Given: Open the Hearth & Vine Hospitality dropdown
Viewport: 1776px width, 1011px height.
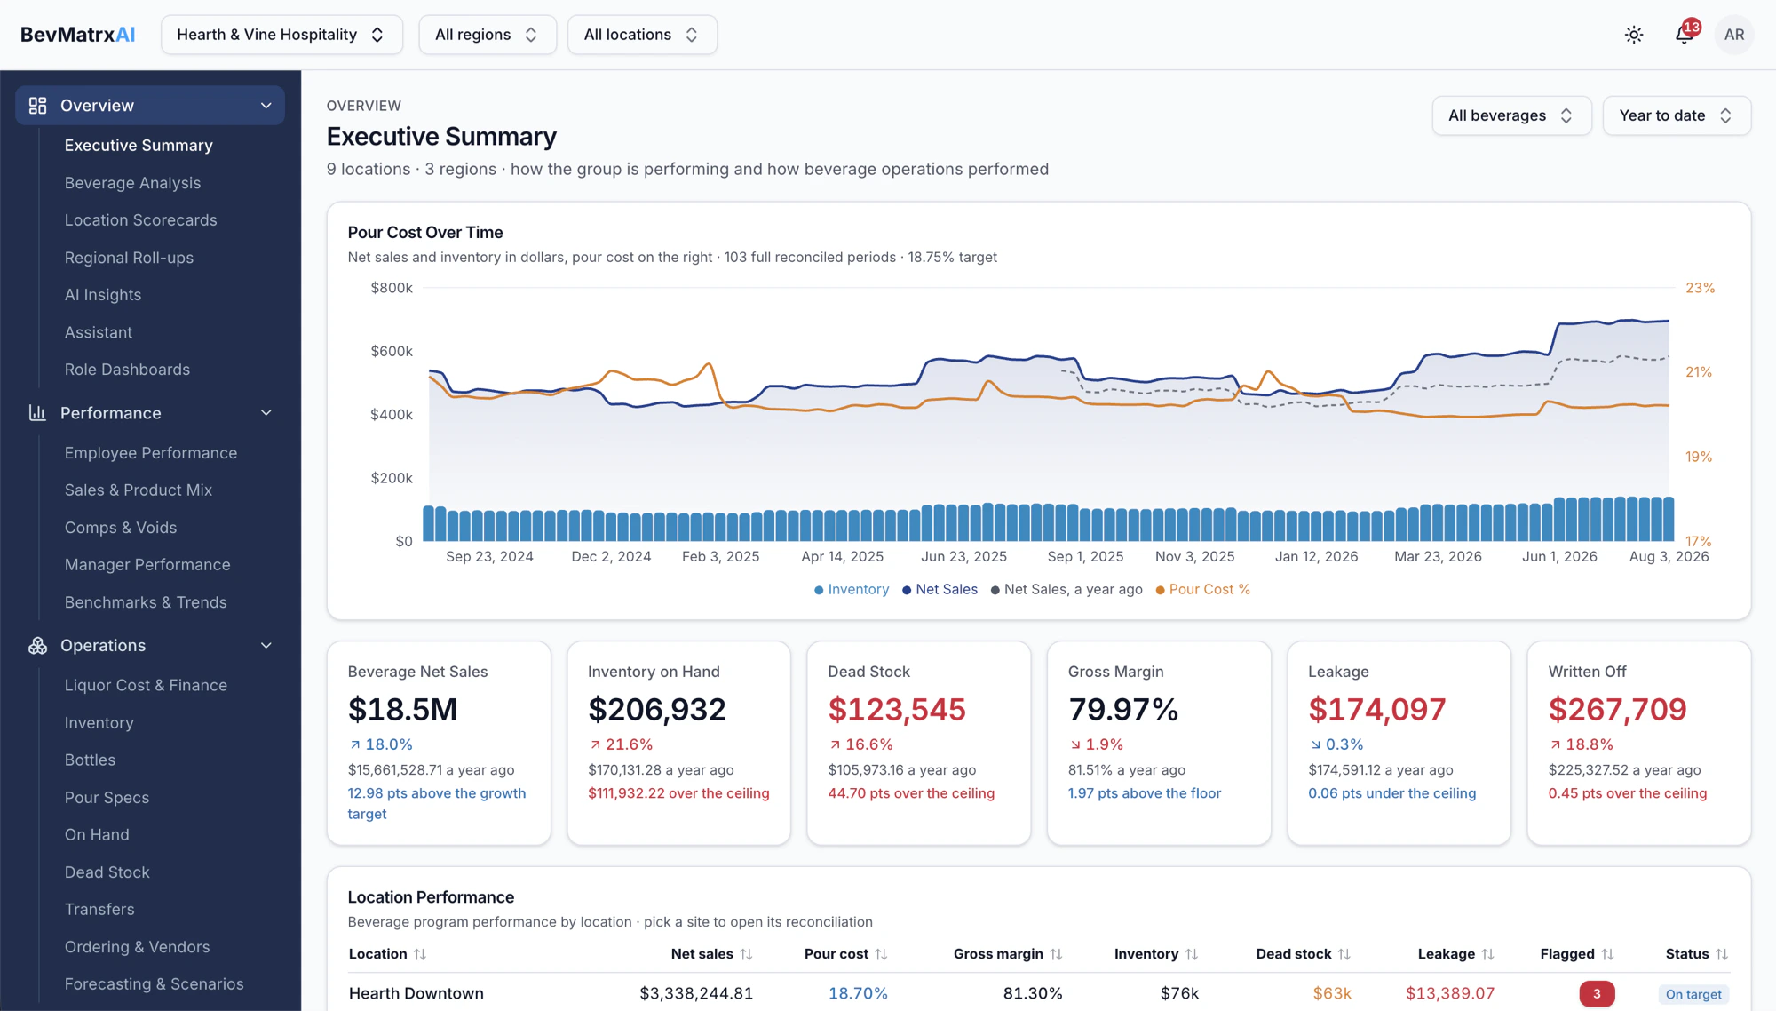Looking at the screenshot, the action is click(281, 35).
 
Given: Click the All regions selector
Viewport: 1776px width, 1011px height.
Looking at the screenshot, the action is click(488, 35).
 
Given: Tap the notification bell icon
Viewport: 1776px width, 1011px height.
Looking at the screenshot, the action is click(1684, 35).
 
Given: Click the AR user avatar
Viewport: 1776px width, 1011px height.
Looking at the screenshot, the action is click(1734, 35).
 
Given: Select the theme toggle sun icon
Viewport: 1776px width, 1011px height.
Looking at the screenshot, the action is click(1634, 35).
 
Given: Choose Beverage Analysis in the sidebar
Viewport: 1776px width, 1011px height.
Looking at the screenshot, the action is click(132, 183).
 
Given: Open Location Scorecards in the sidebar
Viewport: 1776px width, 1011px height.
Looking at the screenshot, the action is click(140, 220).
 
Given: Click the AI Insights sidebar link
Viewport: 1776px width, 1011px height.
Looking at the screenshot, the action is click(103, 295).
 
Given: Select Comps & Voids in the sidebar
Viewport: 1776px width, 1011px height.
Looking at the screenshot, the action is click(121, 528).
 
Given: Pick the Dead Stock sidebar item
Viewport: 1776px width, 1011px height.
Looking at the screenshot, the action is click(107, 872).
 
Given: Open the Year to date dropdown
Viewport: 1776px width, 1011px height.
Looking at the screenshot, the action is click(1677, 115).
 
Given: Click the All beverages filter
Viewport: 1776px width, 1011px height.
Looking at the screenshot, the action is click(1511, 115).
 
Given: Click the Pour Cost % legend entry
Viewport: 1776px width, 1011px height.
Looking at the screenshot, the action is click(1203, 590).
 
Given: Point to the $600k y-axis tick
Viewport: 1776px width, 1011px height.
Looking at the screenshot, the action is click(392, 351).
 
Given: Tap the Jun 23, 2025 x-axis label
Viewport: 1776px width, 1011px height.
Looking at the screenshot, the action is click(963, 557).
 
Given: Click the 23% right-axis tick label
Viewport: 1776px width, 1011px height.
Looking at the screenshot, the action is click(1701, 288).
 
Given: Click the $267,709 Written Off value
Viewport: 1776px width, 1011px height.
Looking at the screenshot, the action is click(1617, 709).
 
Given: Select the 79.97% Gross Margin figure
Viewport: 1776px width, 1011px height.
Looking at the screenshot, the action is click(1123, 709).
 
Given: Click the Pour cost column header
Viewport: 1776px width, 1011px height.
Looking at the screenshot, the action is click(836, 954).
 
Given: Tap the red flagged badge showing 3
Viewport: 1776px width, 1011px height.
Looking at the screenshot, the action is click(1597, 994).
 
